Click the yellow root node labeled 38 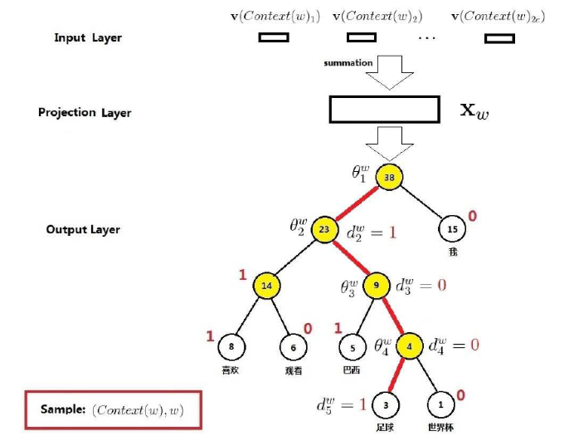coord(389,177)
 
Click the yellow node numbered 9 coord(377,286)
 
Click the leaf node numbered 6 coord(294,349)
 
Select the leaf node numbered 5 coord(353,349)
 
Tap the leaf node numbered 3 coord(386,404)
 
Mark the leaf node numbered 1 coord(440,404)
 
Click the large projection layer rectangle coord(384,110)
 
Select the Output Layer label coord(83,229)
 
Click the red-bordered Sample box coord(114,410)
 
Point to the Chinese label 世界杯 coord(442,426)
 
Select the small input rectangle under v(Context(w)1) coord(274,37)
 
